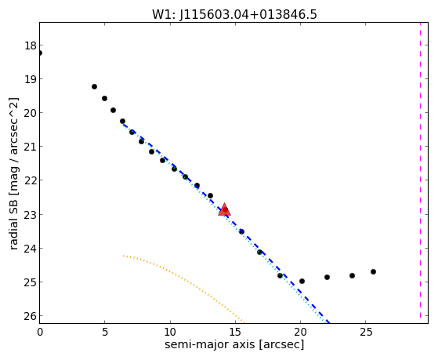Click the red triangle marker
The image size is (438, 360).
click(225, 209)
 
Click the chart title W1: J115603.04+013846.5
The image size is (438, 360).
click(234, 14)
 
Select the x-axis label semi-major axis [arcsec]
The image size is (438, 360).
click(234, 344)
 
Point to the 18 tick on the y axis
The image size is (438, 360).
click(30, 45)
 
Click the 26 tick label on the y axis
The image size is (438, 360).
click(30, 316)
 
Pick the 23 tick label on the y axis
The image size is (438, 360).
click(30, 215)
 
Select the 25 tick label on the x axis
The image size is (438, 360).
click(366, 332)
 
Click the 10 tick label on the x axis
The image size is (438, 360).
click(169, 332)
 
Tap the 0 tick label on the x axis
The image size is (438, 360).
click(40, 332)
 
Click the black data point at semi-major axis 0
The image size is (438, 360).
click(40, 53)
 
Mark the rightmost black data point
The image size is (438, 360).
click(373, 271)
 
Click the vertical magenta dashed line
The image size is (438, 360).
click(420, 173)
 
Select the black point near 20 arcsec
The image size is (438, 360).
click(302, 281)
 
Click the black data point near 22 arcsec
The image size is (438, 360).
click(327, 277)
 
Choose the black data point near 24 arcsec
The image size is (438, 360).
click(352, 275)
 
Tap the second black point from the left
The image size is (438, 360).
click(94, 87)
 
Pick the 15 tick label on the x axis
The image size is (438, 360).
click(235, 332)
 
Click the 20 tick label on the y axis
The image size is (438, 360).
click(30, 113)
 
